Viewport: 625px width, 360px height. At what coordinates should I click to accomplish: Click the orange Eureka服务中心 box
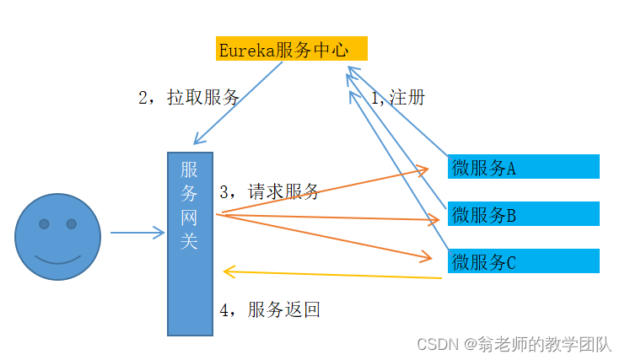point(291,49)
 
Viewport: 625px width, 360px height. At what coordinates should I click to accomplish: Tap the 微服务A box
point(523,167)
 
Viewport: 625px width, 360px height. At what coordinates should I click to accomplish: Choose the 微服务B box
point(523,214)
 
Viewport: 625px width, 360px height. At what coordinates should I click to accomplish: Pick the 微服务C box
point(523,261)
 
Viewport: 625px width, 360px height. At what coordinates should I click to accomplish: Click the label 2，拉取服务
point(189,98)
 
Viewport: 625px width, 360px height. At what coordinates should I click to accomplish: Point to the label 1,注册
point(397,98)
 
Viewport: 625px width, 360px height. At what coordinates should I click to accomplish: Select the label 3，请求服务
point(269,191)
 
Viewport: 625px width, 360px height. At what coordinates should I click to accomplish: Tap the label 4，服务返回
point(269,309)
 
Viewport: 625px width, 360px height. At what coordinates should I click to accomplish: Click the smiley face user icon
point(58,237)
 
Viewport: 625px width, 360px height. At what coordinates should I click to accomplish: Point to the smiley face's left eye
point(43,224)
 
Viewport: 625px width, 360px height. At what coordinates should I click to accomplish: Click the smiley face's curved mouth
point(58,257)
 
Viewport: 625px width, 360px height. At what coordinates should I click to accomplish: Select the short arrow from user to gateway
point(137,233)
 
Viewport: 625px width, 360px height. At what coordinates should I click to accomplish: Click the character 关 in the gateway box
point(190,240)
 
